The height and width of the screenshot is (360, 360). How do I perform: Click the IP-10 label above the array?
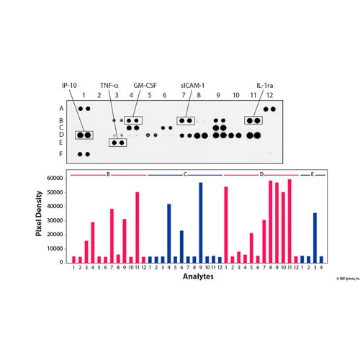click(x=70, y=84)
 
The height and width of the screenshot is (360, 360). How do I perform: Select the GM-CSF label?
click(x=145, y=84)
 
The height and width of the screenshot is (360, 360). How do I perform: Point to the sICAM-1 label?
click(x=192, y=84)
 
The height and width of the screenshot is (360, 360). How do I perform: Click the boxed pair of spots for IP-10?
click(x=85, y=135)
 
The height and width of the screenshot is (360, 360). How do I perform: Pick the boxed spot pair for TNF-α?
click(x=118, y=143)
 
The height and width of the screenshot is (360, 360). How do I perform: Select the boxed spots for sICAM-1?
click(x=186, y=120)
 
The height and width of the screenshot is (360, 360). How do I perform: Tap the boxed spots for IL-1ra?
click(x=253, y=120)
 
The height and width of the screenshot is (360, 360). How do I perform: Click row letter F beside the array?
click(x=61, y=154)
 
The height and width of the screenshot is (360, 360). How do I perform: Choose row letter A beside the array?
click(x=61, y=109)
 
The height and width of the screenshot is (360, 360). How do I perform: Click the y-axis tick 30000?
click(x=53, y=220)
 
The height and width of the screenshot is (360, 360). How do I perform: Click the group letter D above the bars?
click(x=261, y=174)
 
